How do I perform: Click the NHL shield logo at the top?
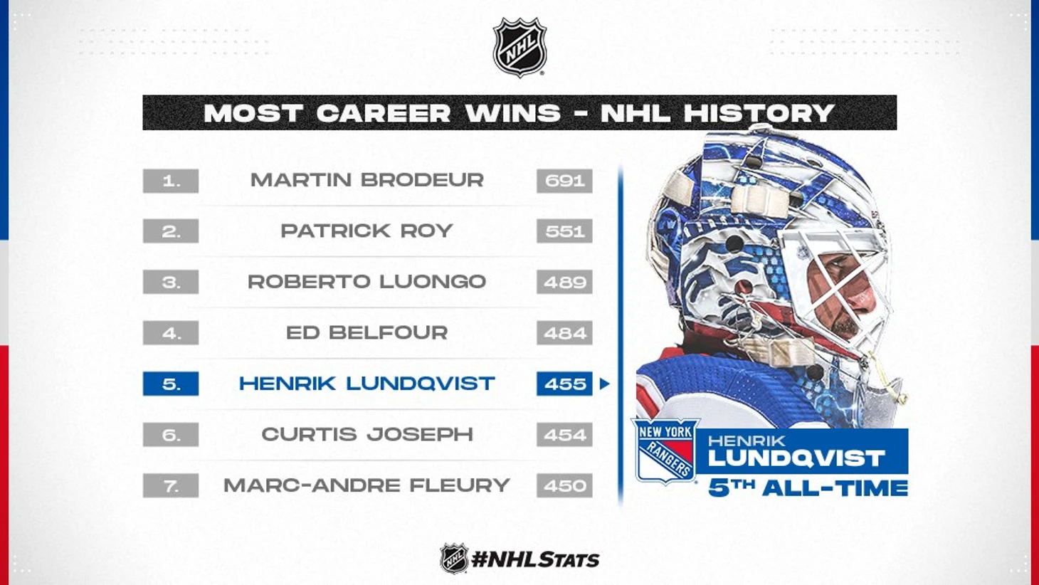pyautogui.click(x=519, y=47)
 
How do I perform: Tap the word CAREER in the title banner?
pyautogui.click(x=384, y=112)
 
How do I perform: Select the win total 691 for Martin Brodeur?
pyautogui.click(x=564, y=181)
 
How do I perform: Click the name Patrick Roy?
pyautogui.click(x=366, y=231)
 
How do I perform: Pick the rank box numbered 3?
pyautogui.click(x=171, y=282)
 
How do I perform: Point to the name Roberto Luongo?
pyautogui.click(x=366, y=282)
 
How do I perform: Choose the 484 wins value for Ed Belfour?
pyautogui.click(x=564, y=332)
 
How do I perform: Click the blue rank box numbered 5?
pyautogui.click(x=171, y=384)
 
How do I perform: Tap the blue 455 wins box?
pyautogui.click(x=564, y=384)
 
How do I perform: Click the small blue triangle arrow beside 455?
pyautogui.click(x=604, y=384)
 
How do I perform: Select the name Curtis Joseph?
pyautogui.click(x=367, y=434)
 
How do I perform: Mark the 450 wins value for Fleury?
pyautogui.click(x=564, y=485)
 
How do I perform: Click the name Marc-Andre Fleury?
pyautogui.click(x=366, y=485)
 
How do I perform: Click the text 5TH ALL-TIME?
pyautogui.click(x=808, y=488)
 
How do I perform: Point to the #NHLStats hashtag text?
pyautogui.click(x=535, y=559)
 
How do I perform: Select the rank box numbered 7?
pyautogui.click(x=171, y=485)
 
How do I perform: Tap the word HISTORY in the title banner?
pyautogui.click(x=717, y=112)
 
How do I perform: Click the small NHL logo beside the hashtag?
pyautogui.click(x=453, y=559)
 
